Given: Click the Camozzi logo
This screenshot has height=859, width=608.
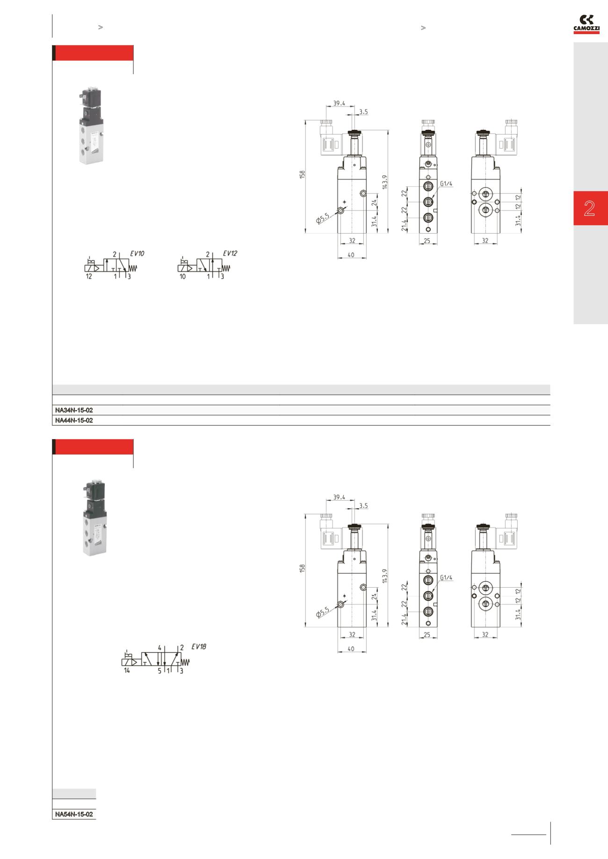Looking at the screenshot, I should [x=586, y=24].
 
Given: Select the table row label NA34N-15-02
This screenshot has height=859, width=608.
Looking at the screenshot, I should [x=74, y=410].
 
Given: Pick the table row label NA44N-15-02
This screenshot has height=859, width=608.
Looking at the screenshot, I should [x=74, y=420].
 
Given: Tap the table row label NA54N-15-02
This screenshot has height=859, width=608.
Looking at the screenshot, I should [x=74, y=815].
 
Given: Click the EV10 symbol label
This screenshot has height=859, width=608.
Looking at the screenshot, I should [x=137, y=254].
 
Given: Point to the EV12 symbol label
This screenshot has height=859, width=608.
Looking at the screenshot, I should [x=230, y=254].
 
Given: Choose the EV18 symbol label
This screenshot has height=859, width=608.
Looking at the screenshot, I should [x=199, y=647].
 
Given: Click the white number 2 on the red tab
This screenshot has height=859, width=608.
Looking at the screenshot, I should [x=589, y=208].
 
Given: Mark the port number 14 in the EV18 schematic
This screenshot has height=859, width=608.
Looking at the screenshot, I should [x=127, y=671].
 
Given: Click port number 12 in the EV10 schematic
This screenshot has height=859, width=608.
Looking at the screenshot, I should [x=89, y=277].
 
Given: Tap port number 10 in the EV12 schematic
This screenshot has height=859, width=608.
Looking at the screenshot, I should [x=182, y=277].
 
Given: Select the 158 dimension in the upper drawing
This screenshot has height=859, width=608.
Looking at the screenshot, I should [x=303, y=174].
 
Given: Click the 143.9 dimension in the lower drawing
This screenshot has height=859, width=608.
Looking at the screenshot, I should [x=385, y=576].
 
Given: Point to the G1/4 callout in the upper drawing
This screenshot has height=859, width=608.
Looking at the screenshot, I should [x=446, y=184].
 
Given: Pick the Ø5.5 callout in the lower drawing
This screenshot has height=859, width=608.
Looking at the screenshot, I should [x=323, y=612].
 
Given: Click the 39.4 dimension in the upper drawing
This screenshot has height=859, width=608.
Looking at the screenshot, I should [x=339, y=103].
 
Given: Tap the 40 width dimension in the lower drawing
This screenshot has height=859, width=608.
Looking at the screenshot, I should [x=351, y=649].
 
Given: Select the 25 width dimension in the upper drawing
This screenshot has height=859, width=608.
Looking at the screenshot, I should [x=427, y=241].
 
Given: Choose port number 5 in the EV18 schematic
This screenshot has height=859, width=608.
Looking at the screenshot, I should [x=159, y=671].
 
